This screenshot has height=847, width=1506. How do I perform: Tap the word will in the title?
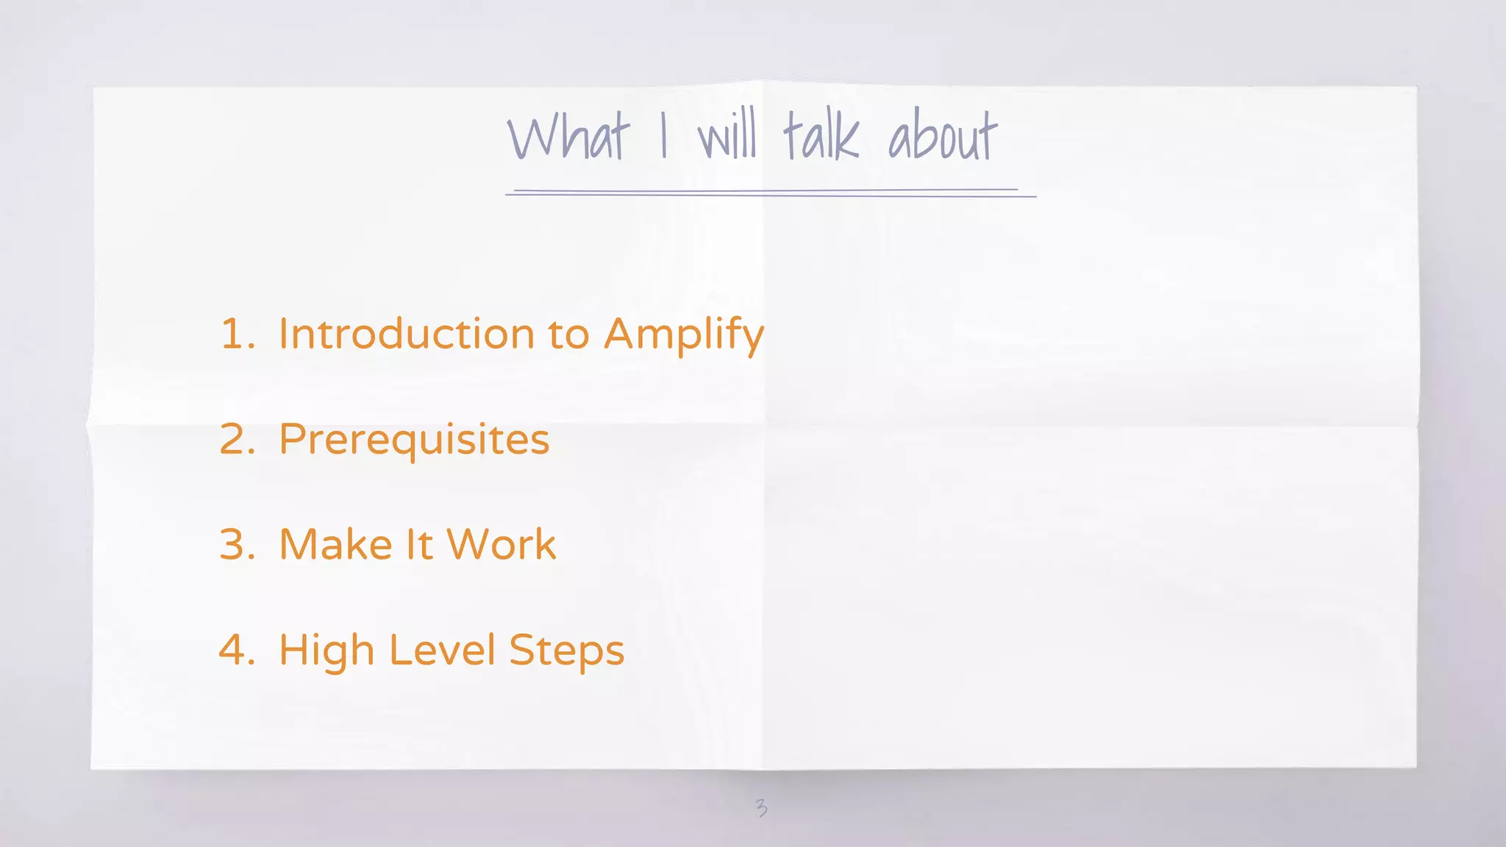tap(727, 137)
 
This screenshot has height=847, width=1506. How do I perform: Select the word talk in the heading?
tap(820, 135)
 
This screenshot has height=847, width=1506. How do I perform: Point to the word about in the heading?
tap(942, 135)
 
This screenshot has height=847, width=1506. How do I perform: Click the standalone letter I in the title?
tap(663, 137)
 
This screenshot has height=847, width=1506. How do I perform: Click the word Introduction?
tap(407, 335)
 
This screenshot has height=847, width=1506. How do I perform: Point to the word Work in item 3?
tap(501, 545)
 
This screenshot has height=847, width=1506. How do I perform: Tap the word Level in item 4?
tap(442, 650)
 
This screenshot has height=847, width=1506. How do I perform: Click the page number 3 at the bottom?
tap(761, 808)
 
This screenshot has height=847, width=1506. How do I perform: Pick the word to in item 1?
tap(568, 335)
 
